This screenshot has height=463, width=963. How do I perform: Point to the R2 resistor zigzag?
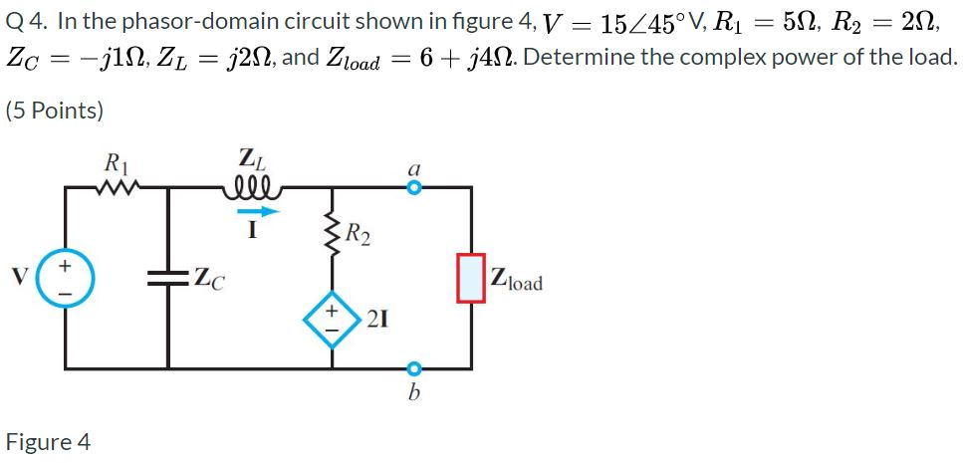(332, 235)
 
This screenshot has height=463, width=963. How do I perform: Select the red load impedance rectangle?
(471, 278)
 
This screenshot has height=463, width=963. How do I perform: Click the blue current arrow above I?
(255, 210)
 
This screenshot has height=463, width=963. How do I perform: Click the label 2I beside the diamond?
(377, 320)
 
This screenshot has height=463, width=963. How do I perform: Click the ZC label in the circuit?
(208, 280)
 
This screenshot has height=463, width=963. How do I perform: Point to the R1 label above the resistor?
(117, 160)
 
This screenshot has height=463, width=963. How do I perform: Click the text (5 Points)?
(54, 111)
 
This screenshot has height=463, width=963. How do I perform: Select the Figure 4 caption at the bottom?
(48, 441)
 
